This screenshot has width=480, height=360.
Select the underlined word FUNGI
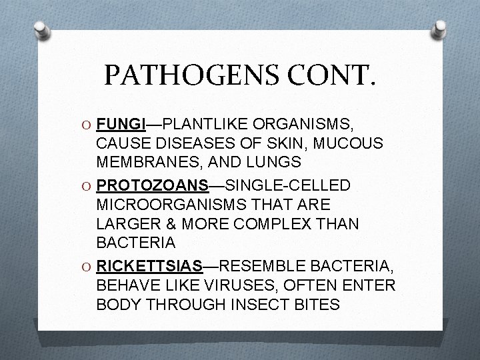click(121, 125)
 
